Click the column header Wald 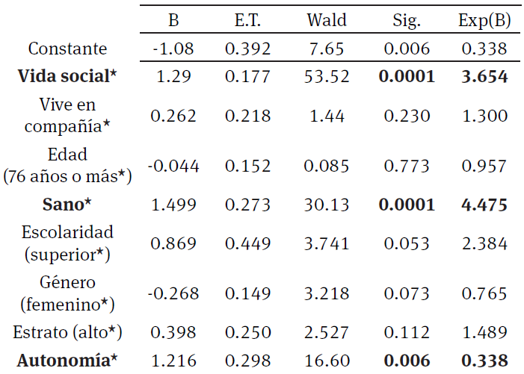pos(327,20)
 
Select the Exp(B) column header pos(484,20)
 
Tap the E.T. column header pos(247,20)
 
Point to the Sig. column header pos(406,20)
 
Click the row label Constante pos(67,49)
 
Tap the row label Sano pos(67,202)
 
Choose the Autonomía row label pos(67,361)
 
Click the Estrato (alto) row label pos(67,331)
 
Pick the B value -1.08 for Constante pos(173,49)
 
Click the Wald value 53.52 pos(327,76)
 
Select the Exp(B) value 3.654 pos(484,76)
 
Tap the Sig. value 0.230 pos(406,116)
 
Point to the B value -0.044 pos(173,165)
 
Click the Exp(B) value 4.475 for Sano pos(484,202)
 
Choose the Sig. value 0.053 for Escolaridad pos(406,243)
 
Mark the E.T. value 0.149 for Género pos(247,293)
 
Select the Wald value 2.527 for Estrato pos(327,331)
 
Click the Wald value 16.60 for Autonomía pos(327,361)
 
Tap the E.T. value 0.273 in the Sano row pos(247,202)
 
